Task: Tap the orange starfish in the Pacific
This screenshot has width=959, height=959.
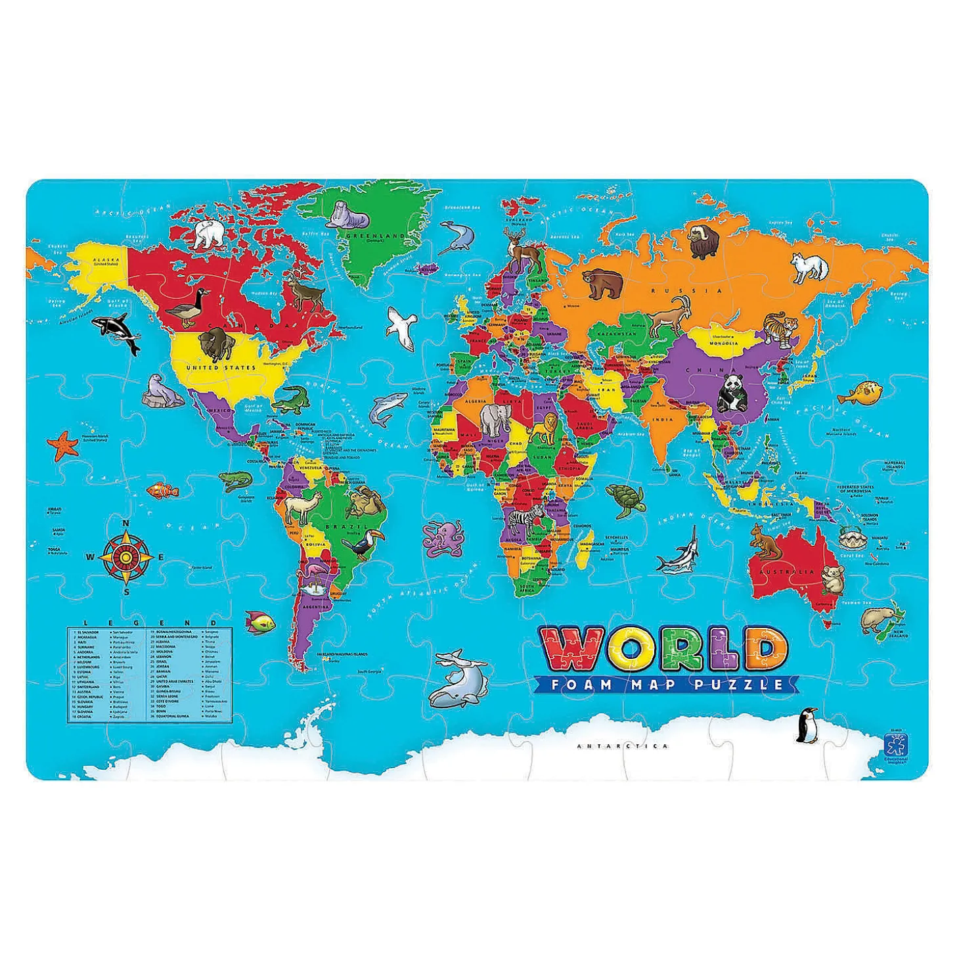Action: tap(63, 445)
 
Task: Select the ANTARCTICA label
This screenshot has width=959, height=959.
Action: tap(622, 746)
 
